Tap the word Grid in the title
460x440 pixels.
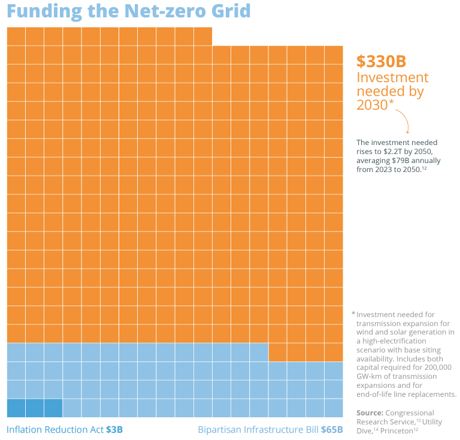(231, 11)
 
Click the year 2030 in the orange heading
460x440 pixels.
(372, 105)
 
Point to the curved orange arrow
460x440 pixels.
(402, 120)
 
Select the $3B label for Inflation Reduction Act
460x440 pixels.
(114, 430)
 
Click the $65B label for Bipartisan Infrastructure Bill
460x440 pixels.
(331, 430)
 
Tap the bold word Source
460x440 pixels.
(370, 413)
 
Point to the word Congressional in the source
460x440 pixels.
(410, 413)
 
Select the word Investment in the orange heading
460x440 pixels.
(392, 77)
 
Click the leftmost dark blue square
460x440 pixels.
(16, 408)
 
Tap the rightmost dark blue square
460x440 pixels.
(53, 408)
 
